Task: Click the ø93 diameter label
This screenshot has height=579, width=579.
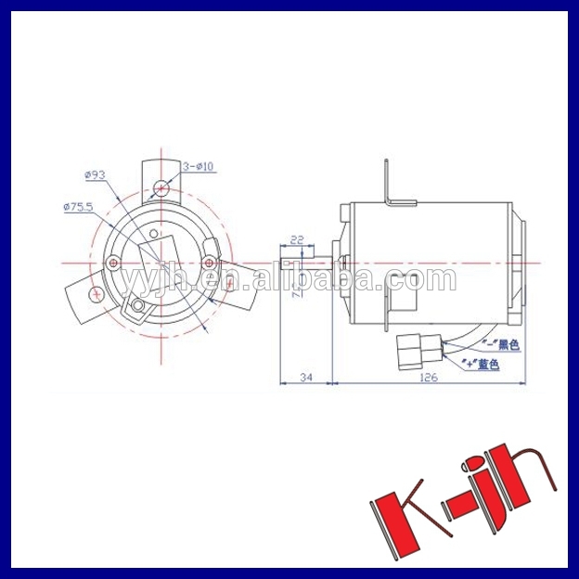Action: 96,174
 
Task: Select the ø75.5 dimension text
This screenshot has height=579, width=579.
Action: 79,207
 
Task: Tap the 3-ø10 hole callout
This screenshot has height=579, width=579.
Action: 199,167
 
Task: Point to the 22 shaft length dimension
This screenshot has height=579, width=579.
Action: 297,239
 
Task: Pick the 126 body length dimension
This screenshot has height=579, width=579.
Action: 428,377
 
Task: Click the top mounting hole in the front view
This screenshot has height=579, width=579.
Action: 161,187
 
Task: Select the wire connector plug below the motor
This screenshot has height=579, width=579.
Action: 410,350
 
